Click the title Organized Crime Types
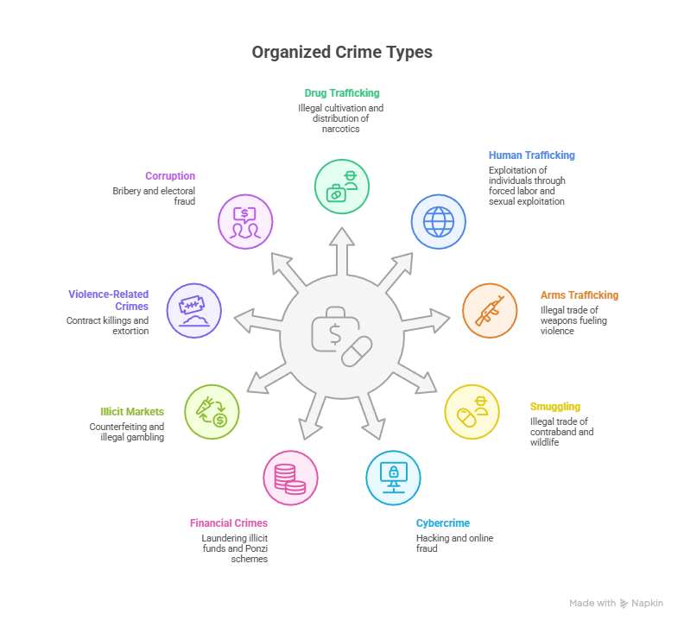tap(342, 53)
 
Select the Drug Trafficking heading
tap(342, 93)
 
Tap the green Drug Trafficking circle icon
tap(342, 187)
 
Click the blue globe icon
tap(439, 222)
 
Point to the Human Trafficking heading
tap(532, 155)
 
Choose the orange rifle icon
tap(490, 311)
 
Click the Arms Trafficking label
tap(579, 295)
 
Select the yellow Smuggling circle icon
tap(472, 412)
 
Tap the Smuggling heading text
tap(555, 407)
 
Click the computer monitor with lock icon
tap(394, 478)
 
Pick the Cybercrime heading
tap(443, 523)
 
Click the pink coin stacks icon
tap(290, 478)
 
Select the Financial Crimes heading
tap(229, 523)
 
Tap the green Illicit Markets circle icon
tap(212, 412)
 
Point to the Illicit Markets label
tap(132, 412)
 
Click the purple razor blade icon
tap(194, 311)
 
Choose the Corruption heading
tap(170, 176)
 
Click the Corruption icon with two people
tap(245, 222)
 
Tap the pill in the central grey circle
tap(357, 351)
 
